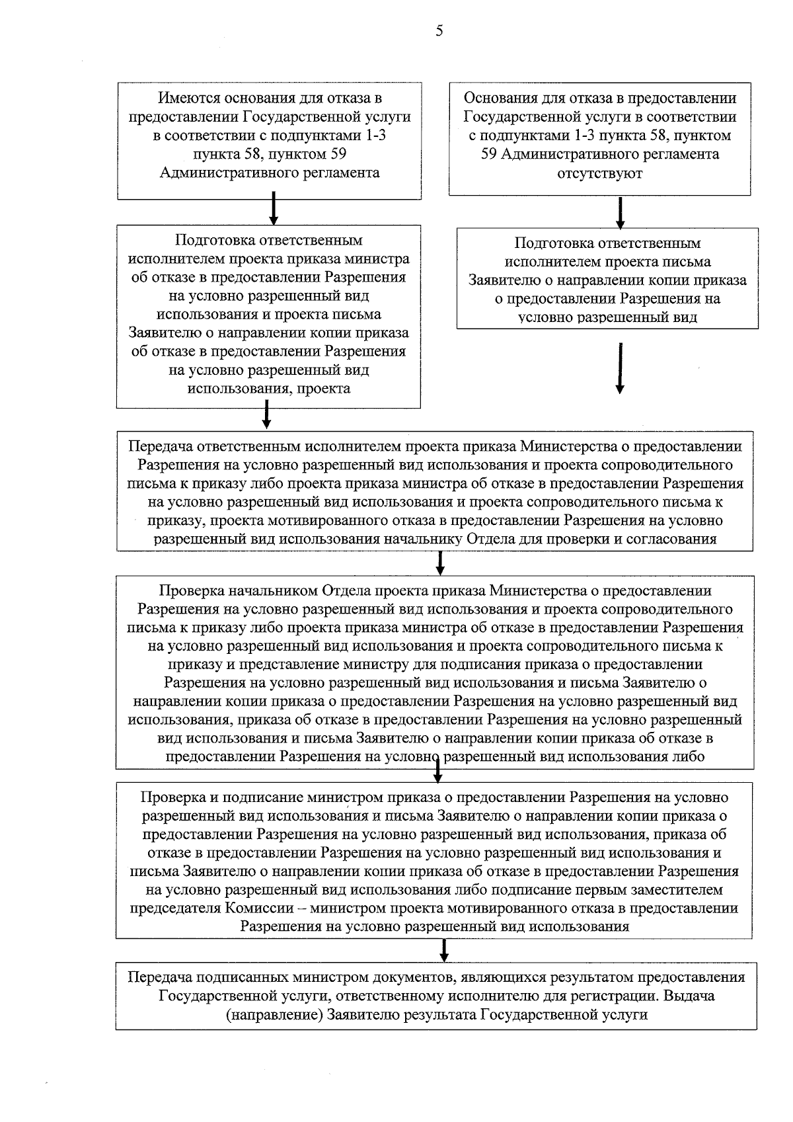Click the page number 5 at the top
coord(439,31)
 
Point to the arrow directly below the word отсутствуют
coord(620,212)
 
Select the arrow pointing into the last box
coord(444,950)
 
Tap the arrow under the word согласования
coord(440,563)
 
